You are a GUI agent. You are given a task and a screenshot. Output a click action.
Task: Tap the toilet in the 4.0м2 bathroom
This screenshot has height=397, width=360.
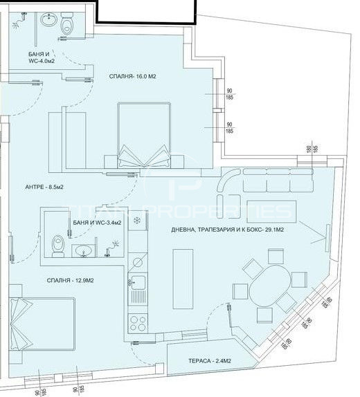[67, 26]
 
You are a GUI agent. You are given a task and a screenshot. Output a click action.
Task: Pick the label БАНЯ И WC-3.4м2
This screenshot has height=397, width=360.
[97, 223]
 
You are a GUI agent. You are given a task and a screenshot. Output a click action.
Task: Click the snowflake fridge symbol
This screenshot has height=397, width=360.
[136, 221]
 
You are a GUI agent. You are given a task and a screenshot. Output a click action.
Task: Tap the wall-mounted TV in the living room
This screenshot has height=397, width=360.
[325, 237]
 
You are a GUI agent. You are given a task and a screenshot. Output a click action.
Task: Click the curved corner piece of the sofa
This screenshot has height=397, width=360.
[228, 182]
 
